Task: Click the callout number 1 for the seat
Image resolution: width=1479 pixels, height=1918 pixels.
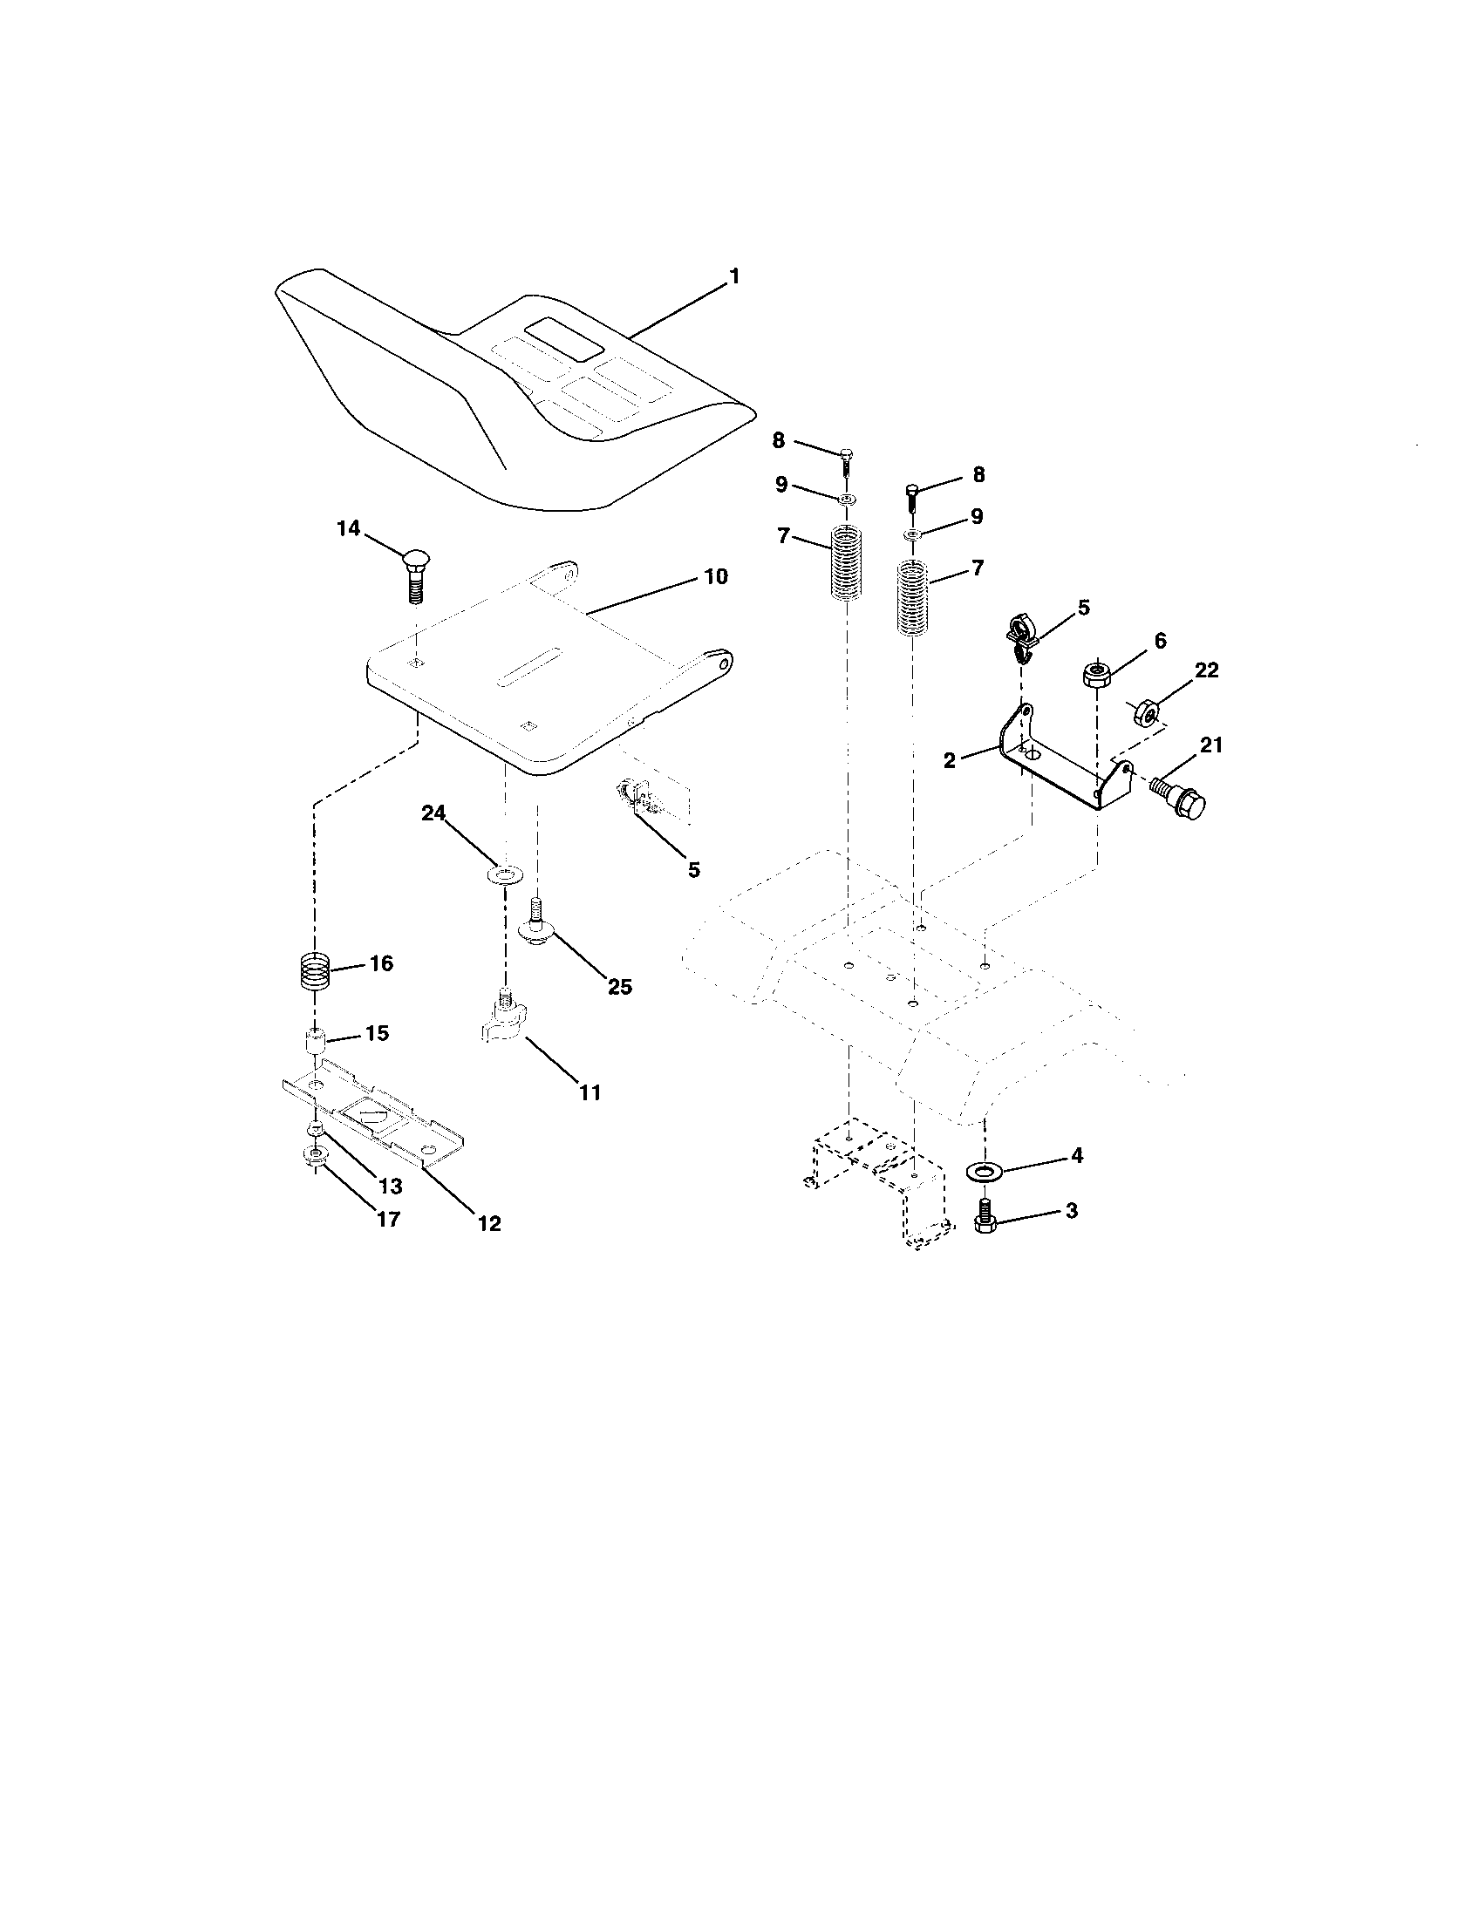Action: pos(733,276)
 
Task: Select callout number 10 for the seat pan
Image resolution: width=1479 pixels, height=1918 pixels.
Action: pos(715,577)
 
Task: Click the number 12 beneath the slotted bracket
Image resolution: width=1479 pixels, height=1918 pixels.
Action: pos(489,1222)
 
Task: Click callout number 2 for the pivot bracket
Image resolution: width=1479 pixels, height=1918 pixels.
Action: pos(950,760)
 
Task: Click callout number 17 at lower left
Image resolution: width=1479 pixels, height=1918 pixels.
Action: pos(387,1219)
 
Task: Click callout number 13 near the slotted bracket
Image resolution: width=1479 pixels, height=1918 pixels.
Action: pos(390,1186)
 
